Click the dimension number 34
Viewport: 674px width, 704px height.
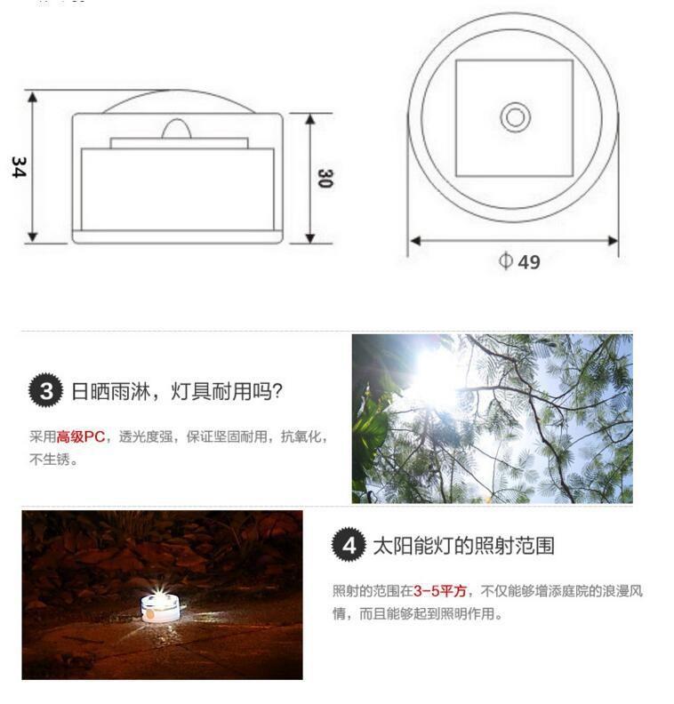coord(20,167)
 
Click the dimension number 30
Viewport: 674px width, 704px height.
coord(325,179)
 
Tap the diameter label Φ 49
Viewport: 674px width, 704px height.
coord(519,261)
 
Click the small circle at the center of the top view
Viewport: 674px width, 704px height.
coord(515,117)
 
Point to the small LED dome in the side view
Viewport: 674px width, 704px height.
coord(176,129)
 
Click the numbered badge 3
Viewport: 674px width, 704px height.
coord(46,390)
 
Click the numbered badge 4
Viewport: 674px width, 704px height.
coord(349,545)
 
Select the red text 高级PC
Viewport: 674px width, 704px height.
coord(81,436)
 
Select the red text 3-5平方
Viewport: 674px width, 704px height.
coord(440,591)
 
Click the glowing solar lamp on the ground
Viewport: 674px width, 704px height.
coord(159,608)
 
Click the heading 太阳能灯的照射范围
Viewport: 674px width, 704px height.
coord(463,546)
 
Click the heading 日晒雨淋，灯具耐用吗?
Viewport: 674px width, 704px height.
coord(177,391)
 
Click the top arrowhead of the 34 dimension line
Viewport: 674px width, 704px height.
coord(32,97)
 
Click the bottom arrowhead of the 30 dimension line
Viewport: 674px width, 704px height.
coord(310,238)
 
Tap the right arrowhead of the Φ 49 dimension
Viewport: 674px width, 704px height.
coord(613,241)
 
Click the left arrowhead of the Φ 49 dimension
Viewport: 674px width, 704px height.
coord(415,241)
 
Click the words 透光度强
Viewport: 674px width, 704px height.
coord(146,436)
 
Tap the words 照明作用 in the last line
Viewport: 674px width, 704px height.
coord(467,613)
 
